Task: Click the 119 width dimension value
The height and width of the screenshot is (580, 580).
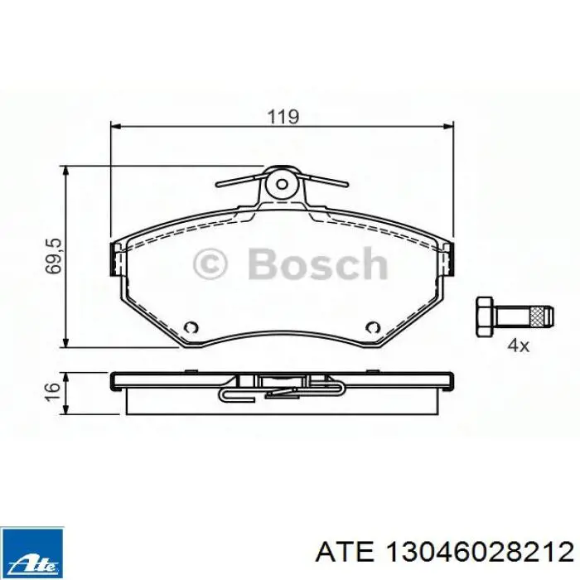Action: tap(283, 117)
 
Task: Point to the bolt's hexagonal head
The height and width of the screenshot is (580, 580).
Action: tap(486, 315)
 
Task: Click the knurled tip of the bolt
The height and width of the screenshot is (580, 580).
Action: tap(542, 315)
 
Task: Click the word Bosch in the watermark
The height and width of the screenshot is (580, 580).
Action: tap(317, 265)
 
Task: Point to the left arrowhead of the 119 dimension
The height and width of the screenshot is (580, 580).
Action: tap(116, 127)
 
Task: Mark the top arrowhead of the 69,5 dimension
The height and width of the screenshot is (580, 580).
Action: tap(67, 170)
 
